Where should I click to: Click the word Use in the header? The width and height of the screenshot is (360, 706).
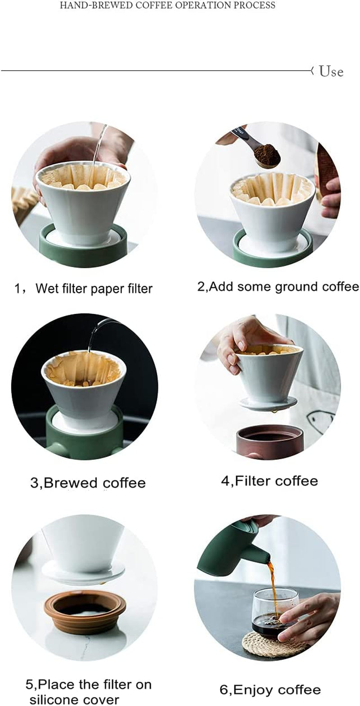[331, 71]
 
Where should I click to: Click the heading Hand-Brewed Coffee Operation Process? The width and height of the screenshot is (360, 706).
[167, 5]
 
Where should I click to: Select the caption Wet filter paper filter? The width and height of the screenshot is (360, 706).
[94, 288]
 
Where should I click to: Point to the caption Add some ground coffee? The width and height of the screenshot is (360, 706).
[278, 286]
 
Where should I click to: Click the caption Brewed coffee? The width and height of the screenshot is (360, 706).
[88, 483]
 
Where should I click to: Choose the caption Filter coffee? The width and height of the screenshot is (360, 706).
[269, 481]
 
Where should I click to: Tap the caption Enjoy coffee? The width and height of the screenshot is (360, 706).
[270, 690]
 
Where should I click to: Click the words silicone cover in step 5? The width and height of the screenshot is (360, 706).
[74, 700]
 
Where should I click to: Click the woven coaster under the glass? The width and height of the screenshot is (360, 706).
[261, 645]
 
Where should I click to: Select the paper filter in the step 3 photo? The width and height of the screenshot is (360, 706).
[83, 369]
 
